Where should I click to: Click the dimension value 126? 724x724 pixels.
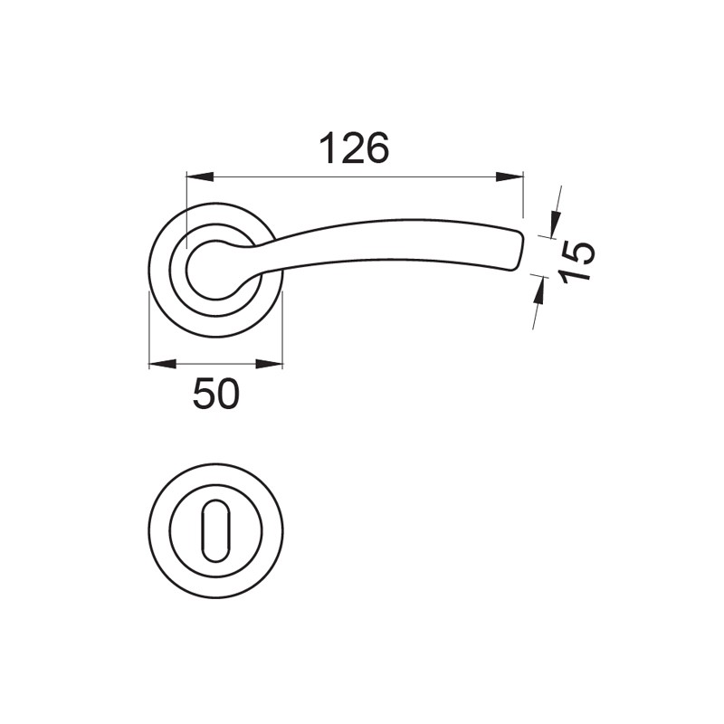pos(355,148)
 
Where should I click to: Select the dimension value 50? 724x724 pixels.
pos(216,394)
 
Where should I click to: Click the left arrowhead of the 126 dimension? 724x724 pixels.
pos(200,176)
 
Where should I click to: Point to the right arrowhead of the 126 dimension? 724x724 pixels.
pos(510,176)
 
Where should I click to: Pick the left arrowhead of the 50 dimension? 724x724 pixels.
pos(163,365)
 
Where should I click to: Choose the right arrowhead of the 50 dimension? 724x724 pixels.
pos(269,365)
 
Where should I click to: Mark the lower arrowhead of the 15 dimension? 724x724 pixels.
pos(538,289)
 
